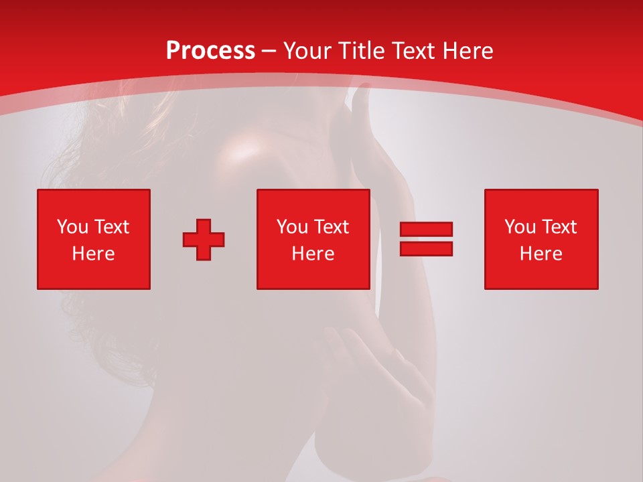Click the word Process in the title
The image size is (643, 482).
[210, 51]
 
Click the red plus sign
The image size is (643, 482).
[204, 240]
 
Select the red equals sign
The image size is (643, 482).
[426, 239]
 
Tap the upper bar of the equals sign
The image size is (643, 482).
[426, 230]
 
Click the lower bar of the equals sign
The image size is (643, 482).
[426, 248]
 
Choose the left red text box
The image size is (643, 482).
[94, 239]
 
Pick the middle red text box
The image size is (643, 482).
[313, 239]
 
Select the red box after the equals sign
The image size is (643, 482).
[541, 239]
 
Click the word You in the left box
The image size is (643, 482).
[72, 227]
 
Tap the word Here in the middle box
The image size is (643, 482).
[313, 254]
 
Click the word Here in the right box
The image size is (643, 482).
[541, 254]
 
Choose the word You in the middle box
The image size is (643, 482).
[292, 227]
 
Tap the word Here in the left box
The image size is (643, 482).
[94, 254]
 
